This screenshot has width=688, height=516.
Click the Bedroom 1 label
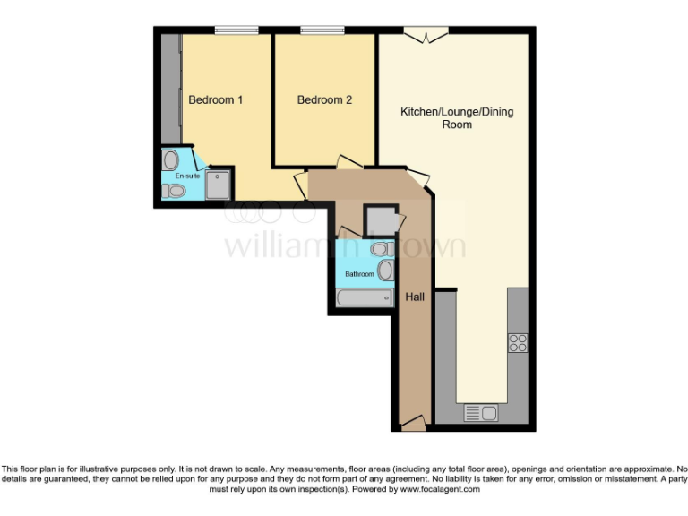215,99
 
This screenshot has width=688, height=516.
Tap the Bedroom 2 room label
324,99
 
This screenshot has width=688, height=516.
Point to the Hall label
415,297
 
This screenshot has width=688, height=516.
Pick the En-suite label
186,176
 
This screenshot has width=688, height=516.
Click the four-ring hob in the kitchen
518,342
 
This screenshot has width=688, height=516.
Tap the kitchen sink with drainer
481,413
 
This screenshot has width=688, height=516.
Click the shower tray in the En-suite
217,185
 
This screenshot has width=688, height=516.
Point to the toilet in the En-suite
176,191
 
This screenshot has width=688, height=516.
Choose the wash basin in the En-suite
170,160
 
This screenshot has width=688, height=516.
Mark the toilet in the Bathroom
380,247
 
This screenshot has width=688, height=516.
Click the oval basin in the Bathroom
384,271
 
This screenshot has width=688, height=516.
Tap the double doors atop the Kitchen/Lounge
426,36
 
